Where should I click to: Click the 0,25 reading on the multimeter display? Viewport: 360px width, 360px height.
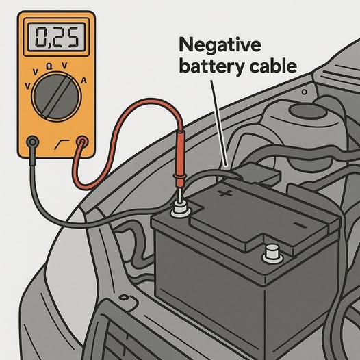[57, 37]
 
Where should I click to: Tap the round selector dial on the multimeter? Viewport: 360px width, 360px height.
[56, 97]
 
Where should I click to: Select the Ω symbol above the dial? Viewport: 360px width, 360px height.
[49, 66]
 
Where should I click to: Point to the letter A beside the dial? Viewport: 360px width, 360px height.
[84, 81]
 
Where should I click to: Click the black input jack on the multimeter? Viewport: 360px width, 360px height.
[33, 142]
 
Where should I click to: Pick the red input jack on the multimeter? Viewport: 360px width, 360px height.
[82, 142]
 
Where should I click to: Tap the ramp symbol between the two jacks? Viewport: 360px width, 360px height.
[62, 144]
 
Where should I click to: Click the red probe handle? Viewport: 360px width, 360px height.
[180, 158]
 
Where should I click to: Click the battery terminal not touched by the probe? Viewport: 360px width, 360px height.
[273, 254]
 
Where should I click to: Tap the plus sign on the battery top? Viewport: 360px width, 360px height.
[225, 193]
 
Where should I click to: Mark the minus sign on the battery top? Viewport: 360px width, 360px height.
[300, 225]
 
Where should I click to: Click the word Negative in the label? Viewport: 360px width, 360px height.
[220, 45]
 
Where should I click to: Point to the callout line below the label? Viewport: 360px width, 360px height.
[219, 123]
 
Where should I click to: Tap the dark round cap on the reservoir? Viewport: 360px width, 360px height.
[307, 111]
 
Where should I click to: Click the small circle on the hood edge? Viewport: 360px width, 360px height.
[304, 92]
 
